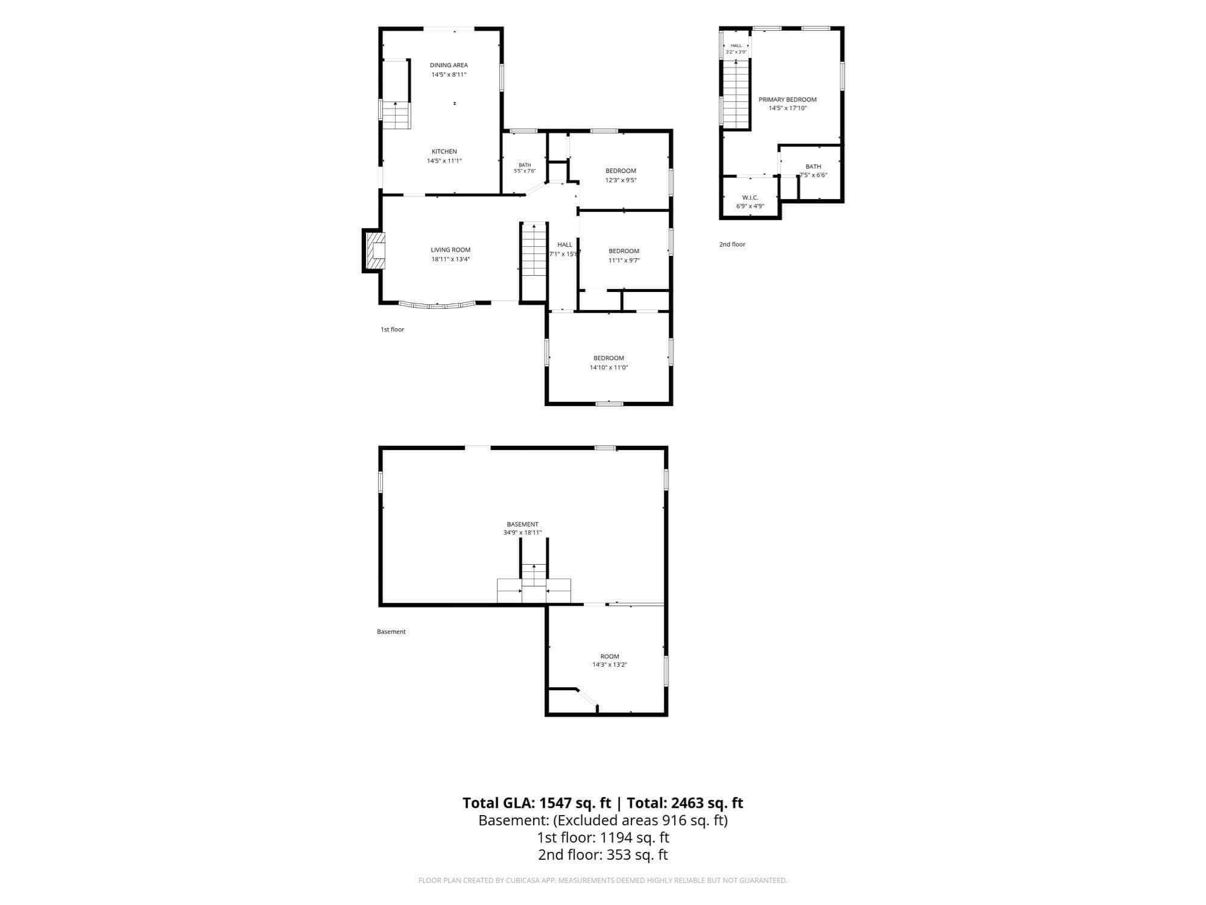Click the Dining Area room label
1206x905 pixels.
click(x=449, y=65)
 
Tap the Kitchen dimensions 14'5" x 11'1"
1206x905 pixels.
click(x=444, y=161)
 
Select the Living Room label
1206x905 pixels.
click(x=450, y=250)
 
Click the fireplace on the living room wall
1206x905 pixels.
click(x=374, y=251)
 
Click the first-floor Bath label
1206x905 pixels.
click(x=525, y=165)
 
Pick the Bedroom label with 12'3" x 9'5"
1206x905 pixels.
click(x=621, y=171)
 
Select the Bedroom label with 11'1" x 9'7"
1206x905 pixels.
click(x=624, y=251)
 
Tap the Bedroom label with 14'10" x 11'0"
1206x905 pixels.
click(x=608, y=358)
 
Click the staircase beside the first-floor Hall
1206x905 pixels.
click(x=534, y=250)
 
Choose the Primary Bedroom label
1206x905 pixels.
click(x=788, y=100)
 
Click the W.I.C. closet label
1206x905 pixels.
click(x=750, y=198)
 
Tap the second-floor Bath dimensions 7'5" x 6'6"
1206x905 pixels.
click(x=813, y=175)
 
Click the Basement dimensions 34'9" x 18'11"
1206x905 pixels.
click(x=523, y=533)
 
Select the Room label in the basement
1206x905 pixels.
click(x=610, y=656)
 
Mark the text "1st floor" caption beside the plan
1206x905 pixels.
click(x=393, y=329)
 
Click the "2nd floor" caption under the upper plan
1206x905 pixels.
click(x=732, y=244)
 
